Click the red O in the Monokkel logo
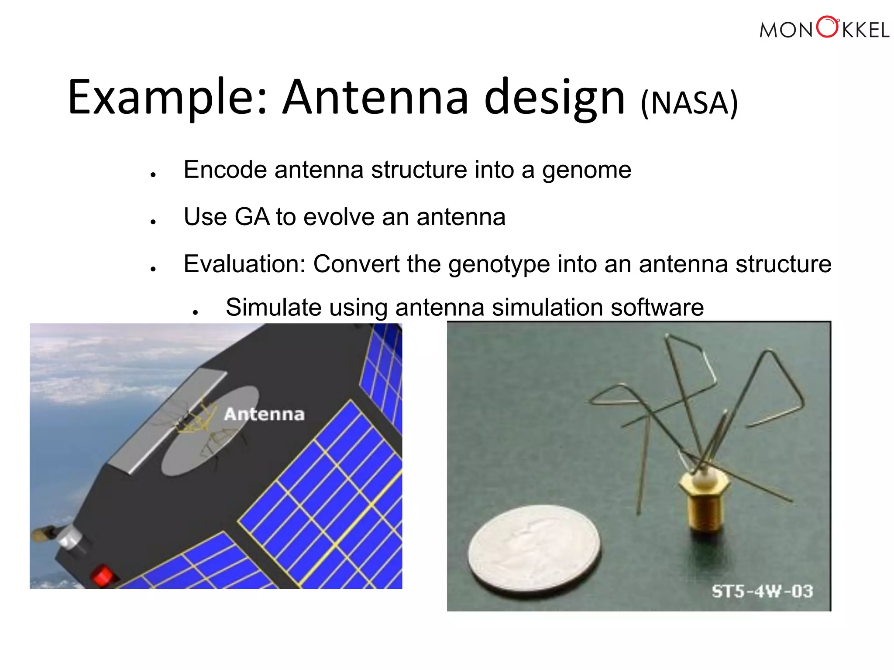tap(828, 27)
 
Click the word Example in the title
tap(162, 98)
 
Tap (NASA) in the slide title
tap(689, 103)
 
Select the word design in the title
tap(554, 98)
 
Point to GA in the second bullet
tap(252, 217)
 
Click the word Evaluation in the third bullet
tap(244, 264)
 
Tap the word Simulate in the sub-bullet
tap(273, 307)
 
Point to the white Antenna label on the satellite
tap(264, 414)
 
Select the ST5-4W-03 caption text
tap(762, 591)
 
